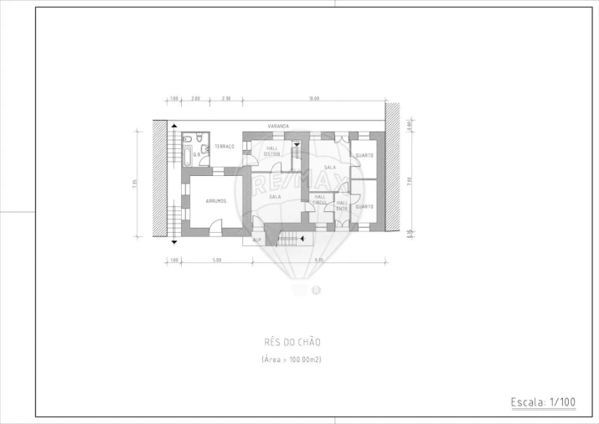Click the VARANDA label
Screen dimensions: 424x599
click(x=278, y=127)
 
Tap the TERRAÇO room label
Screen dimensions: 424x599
click(x=224, y=147)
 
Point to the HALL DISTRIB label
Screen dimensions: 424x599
click(x=272, y=151)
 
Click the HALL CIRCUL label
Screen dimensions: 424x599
click(x=320, y=199)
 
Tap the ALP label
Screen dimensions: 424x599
click(x=257, y=240)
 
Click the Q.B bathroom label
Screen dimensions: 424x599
click(x=197, y=154)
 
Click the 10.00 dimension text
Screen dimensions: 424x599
click(x=313, y=100)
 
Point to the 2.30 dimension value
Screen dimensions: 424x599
click(x=226, y=100)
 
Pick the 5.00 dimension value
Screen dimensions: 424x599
click(x=216, y=260)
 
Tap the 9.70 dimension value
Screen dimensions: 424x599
click(x=319, y=260)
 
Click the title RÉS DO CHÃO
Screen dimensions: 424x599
click(x=292, y=342)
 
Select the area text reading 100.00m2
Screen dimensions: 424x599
click(x=292, y=359)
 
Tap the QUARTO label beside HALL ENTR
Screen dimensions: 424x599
click(x=364, y=206)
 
